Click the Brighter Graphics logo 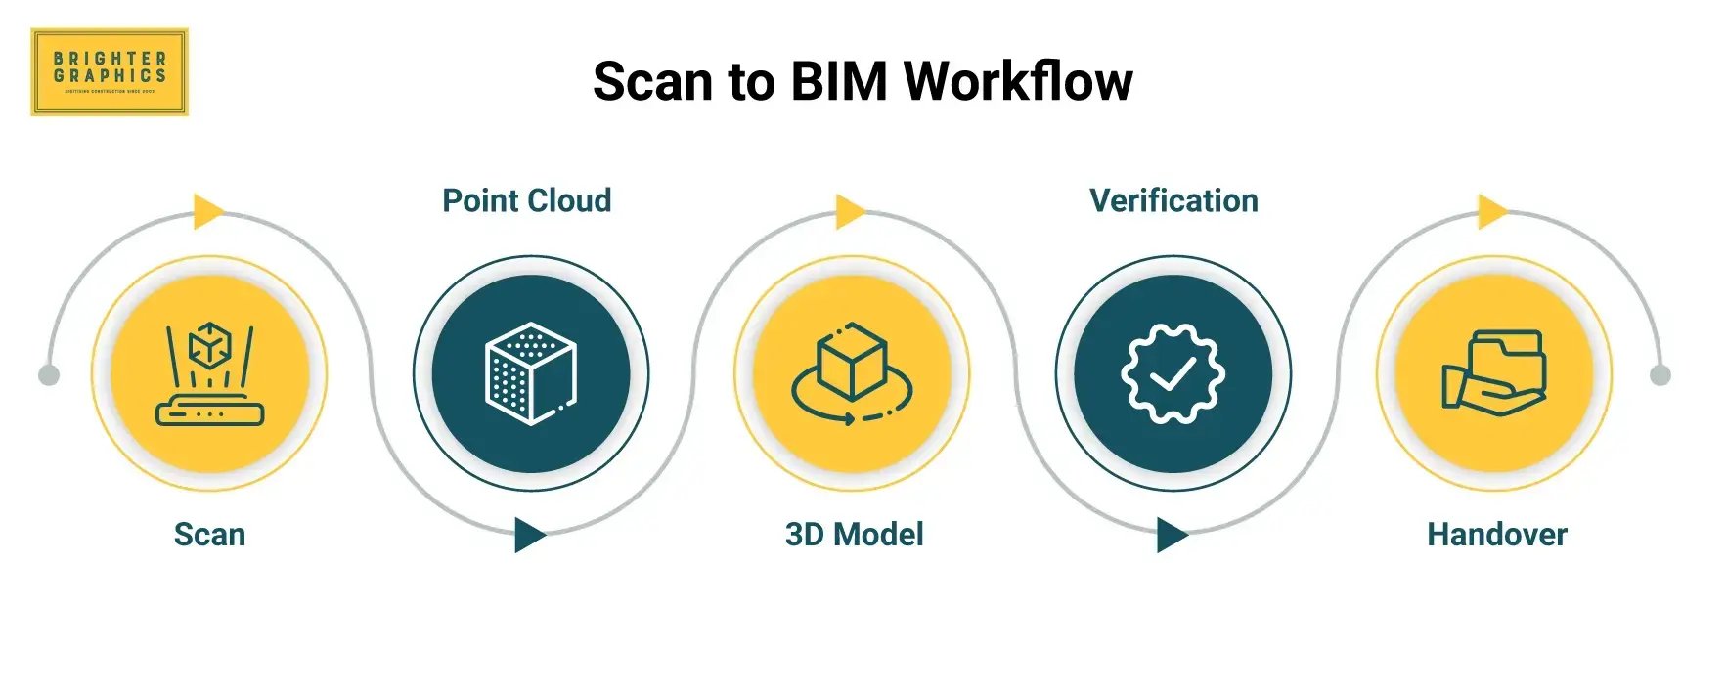(x=109, y=71)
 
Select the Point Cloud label (x=526, y=200)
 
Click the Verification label (x=1173, y=200)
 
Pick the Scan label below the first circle (x=209, y=535)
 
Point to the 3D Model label (x=854, y=535)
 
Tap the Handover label (x=1496, y=535)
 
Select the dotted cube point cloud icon (x=531, y=373)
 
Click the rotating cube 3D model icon (x=852, y=374)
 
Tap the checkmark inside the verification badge (x=1173, y=373)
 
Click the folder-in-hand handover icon (x=1493, y=373)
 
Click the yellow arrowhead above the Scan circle (x=207, y=211)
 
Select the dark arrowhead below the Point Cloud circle (x=528, y=536)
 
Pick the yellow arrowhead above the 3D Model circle (x=849, y=211)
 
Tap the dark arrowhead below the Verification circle (x=1171, y=536)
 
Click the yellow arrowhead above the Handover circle (x=1491, y=211)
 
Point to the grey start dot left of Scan (x=48, y=375)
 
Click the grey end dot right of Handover (x=1660, y=375)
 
